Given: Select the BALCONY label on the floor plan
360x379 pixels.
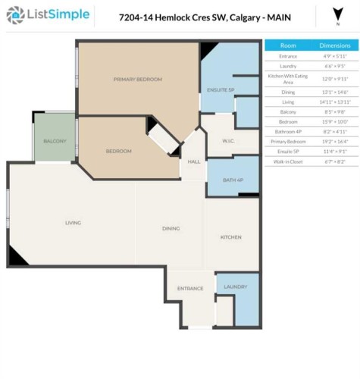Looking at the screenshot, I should [53, 142].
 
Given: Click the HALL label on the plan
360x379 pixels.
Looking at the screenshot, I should [194, 161].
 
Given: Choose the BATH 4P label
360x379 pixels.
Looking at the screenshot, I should [233, 180].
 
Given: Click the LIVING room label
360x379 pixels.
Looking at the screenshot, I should [73, 222].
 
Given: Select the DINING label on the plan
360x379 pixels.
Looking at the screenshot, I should [170, 228].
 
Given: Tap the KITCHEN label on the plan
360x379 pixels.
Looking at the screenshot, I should [230, 237].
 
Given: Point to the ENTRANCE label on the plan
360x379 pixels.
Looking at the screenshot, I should [189, 288].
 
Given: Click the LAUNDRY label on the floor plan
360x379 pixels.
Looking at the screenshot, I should [236, 287].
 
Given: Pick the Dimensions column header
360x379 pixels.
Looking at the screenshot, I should [334, 45].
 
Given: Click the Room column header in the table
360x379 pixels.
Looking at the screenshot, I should [289, 45].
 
